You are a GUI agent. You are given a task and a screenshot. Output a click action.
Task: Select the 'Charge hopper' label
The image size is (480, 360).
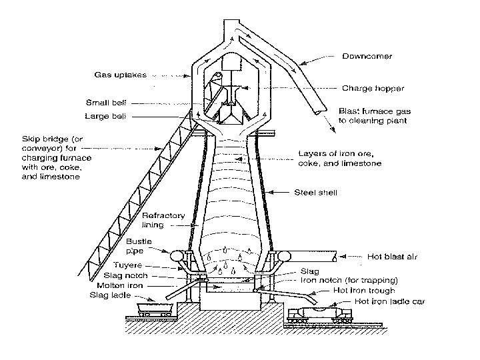click(373, 88)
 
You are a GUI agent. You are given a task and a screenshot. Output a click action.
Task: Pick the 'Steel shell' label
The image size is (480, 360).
click(315, 193)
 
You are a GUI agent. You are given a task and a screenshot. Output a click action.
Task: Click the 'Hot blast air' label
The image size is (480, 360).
click(393, 256)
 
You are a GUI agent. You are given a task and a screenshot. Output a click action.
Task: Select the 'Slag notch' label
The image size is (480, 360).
click(127, 275)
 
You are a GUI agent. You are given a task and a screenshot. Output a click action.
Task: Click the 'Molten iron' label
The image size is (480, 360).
click(126, 285)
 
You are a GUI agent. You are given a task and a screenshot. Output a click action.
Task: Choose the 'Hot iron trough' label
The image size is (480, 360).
click(364, 291)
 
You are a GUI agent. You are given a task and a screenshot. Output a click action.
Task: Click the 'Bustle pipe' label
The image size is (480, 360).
click(139, 245)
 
